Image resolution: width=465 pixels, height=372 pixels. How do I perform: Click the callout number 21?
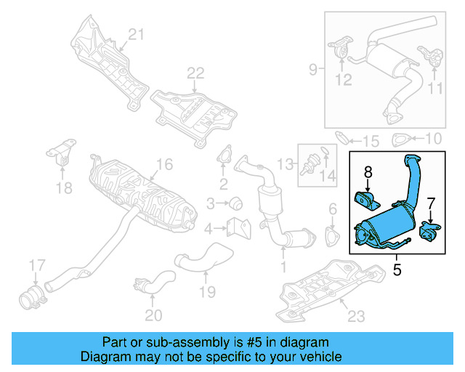click(x=137, y=33)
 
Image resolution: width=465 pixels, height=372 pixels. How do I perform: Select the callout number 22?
click(x=196, y=73)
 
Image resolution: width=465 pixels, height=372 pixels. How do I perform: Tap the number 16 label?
click(x=164, y=165)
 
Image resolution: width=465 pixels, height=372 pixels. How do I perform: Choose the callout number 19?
click(x=208, y=292)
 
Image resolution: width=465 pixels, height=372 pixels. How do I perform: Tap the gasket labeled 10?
click(x=400, y=139)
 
